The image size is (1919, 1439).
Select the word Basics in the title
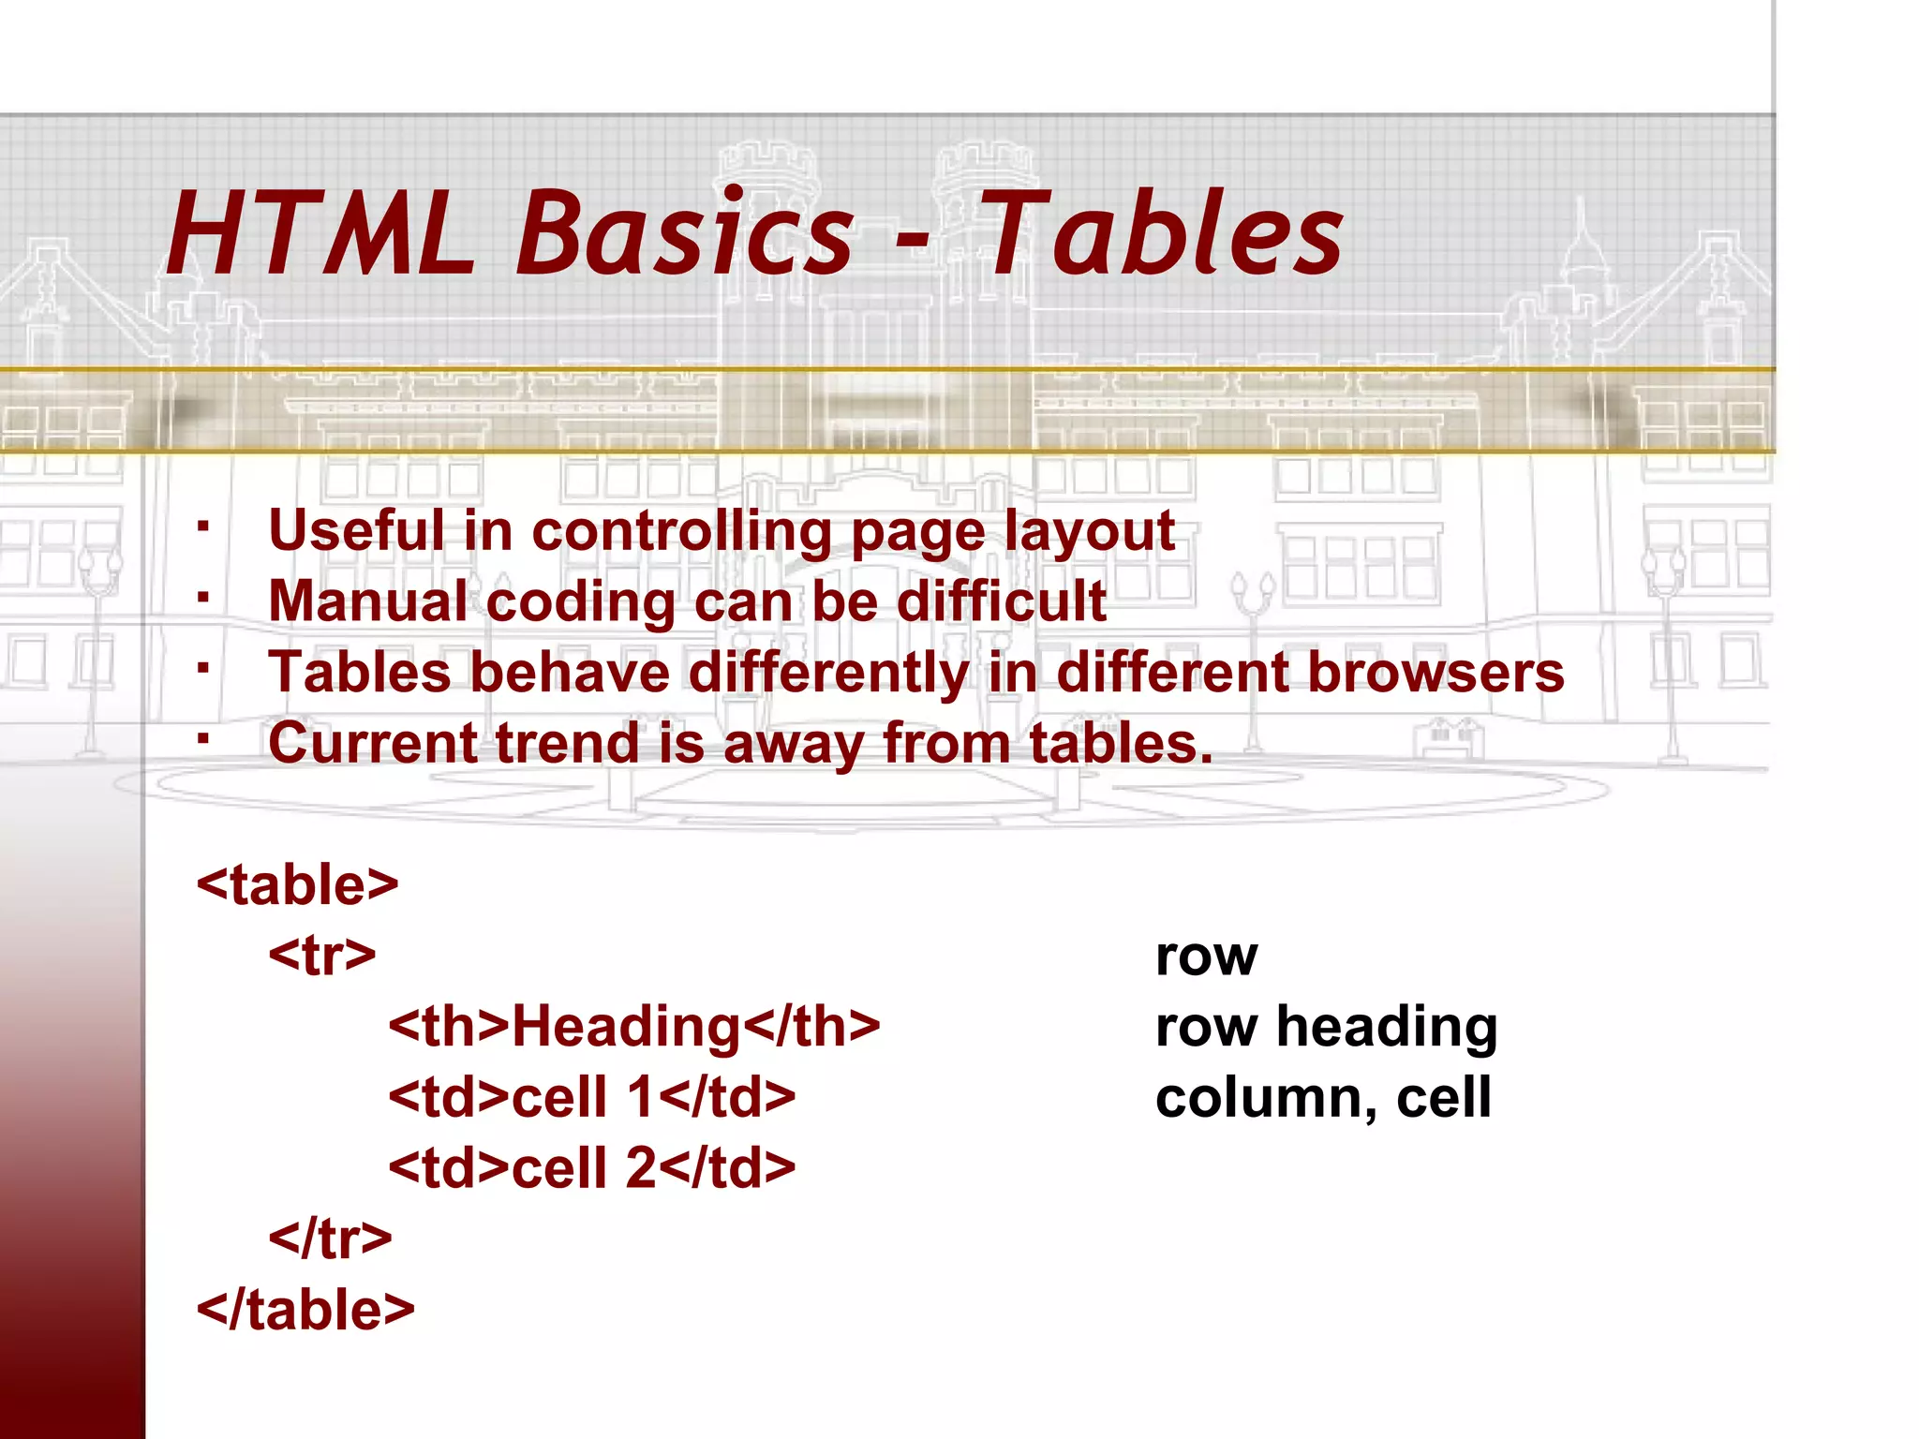[x=685, y=234]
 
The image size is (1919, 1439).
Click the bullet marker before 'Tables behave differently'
[x=202, y=667]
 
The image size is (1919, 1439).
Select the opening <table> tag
[x=298, y=884]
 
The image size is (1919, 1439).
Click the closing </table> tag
[x=305, y=1310]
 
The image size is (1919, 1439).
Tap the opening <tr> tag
[x=322, y=956]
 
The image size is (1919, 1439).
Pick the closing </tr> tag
[x=330, y=1239]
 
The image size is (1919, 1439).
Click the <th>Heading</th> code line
[x=634, y=1027]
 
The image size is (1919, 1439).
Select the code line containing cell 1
[x=592, y=1097]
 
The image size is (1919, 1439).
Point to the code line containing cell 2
[x=592, y=1168]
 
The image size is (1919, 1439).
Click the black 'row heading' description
[x=1326, y=1028]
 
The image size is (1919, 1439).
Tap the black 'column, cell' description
[x=1323, y=1098]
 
